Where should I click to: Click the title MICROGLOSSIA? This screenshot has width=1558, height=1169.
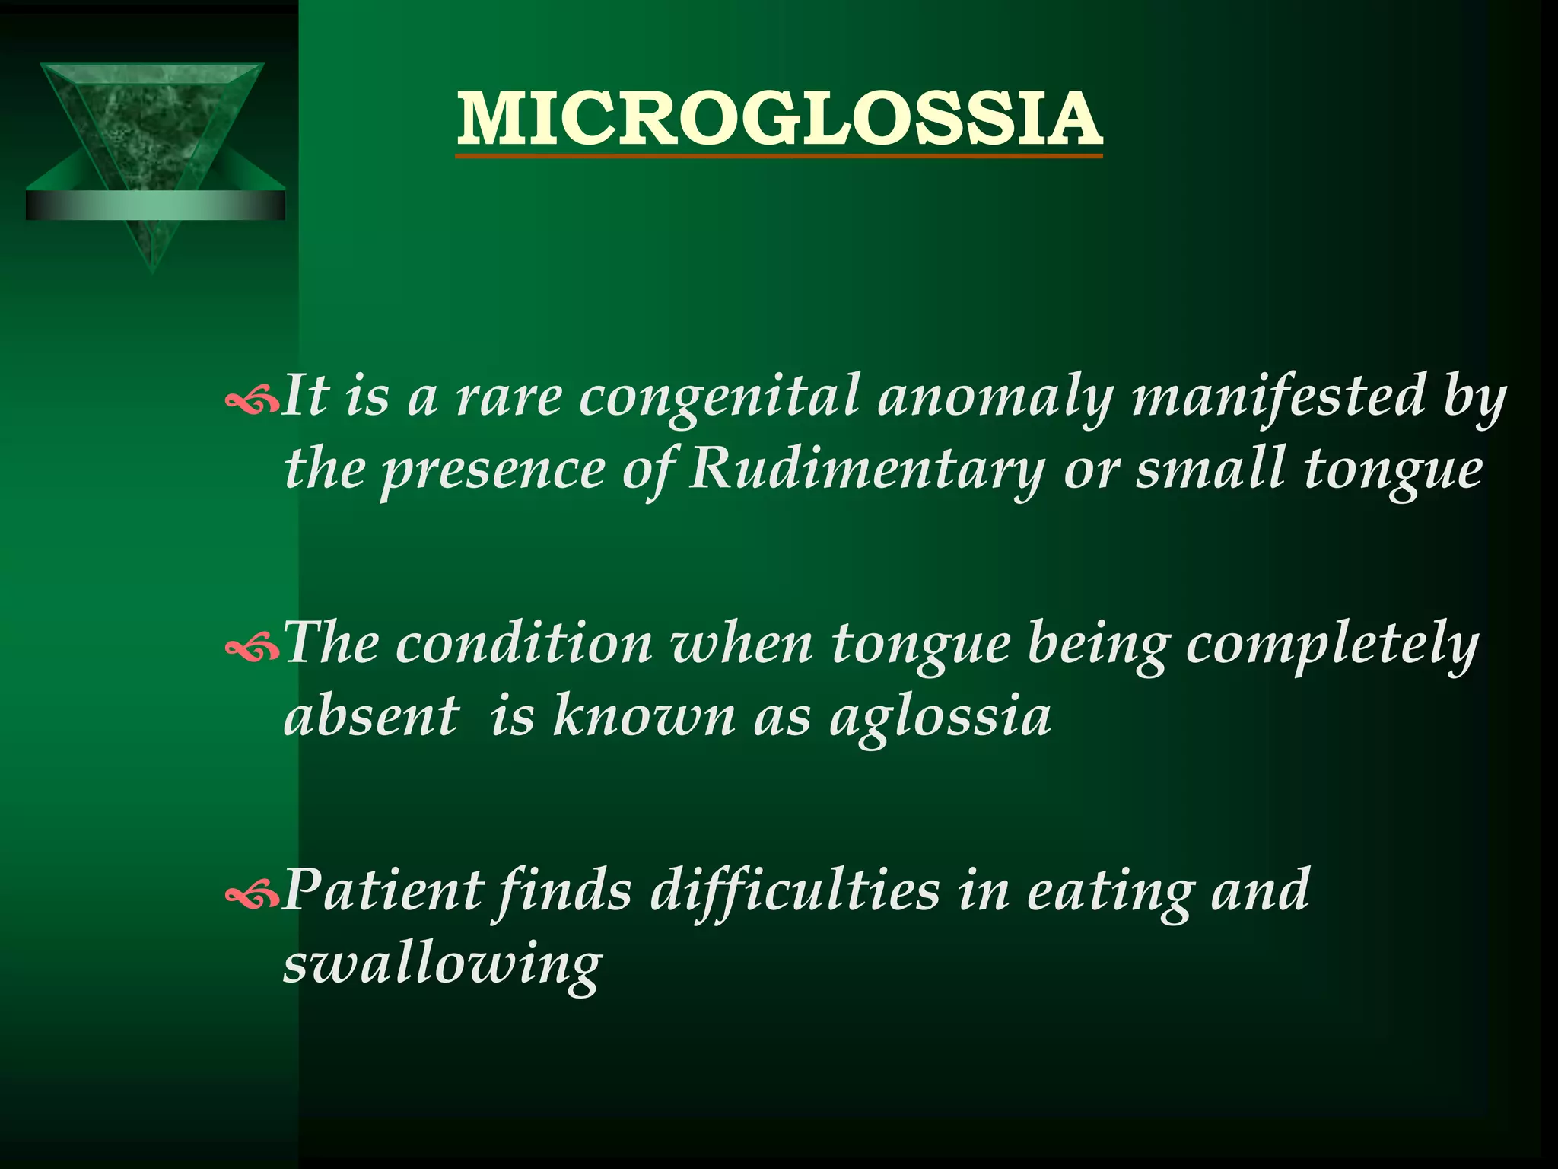tap(779, 119)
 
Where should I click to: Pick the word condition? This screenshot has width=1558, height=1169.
tap(524, 643)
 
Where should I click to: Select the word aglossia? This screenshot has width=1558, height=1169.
tap(940, 718)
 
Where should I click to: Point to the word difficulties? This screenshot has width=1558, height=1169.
tap(795, 890)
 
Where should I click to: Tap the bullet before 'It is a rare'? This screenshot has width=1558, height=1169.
tap(252, 401)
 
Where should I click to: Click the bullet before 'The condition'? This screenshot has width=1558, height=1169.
tap(252, 648)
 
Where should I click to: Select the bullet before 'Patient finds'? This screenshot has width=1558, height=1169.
tap(252, 895)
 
